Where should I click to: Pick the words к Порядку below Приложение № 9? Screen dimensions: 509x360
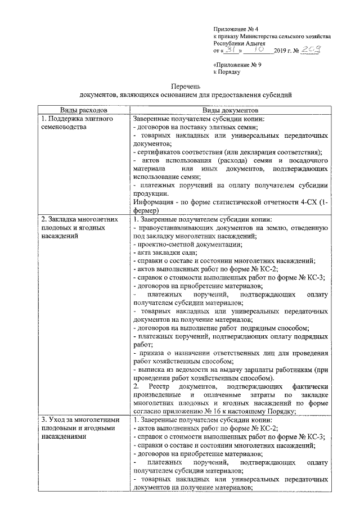click(227, 72)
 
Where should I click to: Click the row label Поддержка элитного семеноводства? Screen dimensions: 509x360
click(76, 124)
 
